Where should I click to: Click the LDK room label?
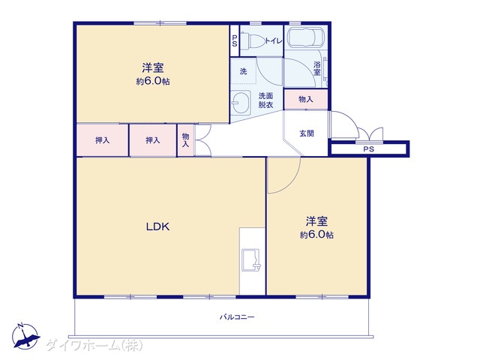(x=157, y=226)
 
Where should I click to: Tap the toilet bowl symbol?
(x=253, y=40)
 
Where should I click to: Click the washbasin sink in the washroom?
(x=238, y=102)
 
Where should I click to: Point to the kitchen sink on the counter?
(x=251, y=260)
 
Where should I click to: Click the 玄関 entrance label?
(x=307, y=133)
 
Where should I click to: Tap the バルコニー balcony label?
(x=237, y=317)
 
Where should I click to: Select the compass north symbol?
(x=25, y=336)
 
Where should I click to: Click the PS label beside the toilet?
(x=235, y=40)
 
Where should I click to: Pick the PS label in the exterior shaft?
(x=368, y=149)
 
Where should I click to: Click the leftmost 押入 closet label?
(x=102, y=140)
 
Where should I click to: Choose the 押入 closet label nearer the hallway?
(x=153, y=140)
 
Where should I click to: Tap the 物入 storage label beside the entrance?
(x=306, y=99)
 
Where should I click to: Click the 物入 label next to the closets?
(x=185, y=140)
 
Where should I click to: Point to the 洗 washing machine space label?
(x=243, y=71)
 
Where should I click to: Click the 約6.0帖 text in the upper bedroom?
(x=153, y=82)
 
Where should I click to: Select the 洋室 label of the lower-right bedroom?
(x=316, y=221)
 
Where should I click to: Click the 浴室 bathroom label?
(x=317, y=68)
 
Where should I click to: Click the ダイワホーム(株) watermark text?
(x=94, y=346)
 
